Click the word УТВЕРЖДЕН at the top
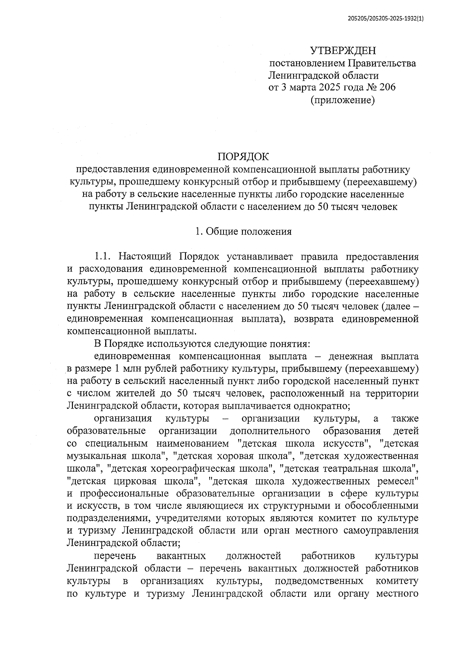[343, 51]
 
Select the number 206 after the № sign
[387, 87]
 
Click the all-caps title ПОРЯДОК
[243, 157]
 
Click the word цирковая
[136, 481]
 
